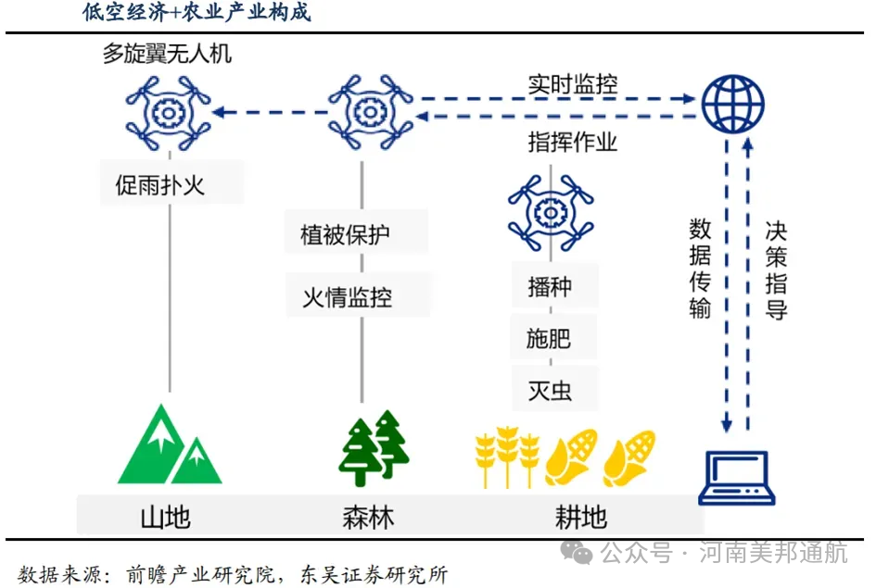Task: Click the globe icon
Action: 732,104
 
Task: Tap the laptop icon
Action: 737,478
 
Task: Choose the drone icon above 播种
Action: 550,214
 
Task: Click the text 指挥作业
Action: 572,142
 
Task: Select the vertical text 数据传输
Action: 700,269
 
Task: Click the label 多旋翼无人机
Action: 167,54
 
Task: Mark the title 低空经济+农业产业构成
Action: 196,13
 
